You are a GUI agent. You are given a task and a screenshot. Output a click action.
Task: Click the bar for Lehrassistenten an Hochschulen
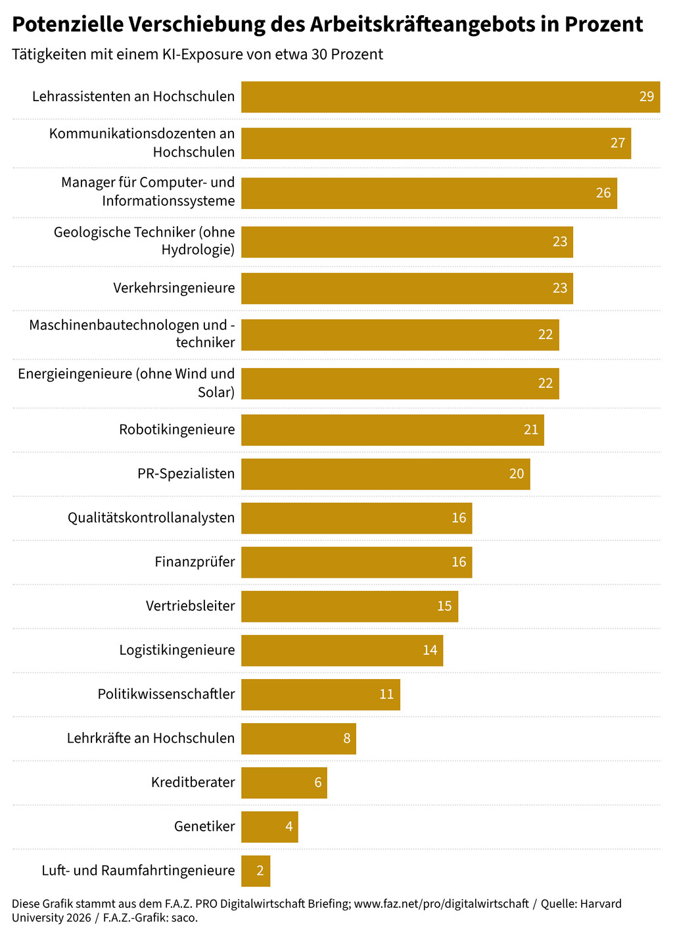[450, 97]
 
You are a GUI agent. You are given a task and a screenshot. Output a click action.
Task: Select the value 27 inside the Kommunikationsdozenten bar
[618, 143]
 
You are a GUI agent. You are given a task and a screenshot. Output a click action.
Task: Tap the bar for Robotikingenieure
[392, 430]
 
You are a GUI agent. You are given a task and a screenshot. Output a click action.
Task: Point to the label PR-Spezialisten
[186, 473]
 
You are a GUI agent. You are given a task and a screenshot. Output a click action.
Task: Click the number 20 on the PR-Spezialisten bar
[517, 474]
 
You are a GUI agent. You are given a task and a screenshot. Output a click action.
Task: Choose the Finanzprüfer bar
[356, 562]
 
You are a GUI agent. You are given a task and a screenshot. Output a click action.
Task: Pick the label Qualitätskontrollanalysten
[151, 517]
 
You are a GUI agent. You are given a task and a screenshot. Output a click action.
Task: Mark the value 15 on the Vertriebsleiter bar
[444, 606]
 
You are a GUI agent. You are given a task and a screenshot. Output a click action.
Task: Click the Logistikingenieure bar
[342, 650]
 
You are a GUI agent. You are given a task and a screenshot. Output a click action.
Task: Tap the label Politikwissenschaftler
[166, 693]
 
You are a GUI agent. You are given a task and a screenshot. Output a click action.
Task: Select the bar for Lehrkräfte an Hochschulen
[298, 738]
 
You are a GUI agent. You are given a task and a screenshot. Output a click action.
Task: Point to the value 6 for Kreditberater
[318, 782]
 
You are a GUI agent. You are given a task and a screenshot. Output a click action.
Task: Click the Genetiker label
[204, 826]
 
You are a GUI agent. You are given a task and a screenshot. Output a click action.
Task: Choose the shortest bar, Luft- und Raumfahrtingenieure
[256, 871]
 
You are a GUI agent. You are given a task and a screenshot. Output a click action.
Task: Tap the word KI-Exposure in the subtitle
[202, 54]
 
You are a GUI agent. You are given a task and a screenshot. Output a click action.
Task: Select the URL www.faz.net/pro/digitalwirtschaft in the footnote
[441, 904]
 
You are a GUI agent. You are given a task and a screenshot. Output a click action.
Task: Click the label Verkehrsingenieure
[174, 288]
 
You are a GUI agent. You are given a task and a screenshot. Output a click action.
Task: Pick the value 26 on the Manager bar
[603, 193]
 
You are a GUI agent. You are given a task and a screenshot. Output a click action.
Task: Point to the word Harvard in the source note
[600, 904]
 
